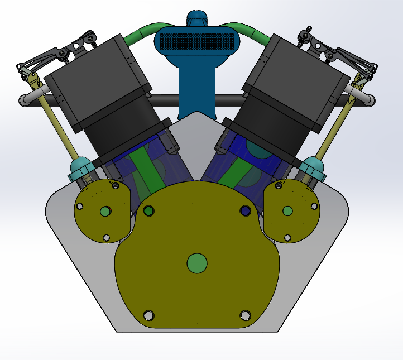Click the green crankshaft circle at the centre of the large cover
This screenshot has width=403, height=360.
click(196, 263)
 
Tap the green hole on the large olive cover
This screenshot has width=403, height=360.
click(148, 210)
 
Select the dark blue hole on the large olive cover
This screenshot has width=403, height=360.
click(245, 210)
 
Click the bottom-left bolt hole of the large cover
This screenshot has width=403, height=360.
click(148, 315)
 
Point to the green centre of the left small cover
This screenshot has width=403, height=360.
click(105, 211)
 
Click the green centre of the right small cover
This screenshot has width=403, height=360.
click(287, 210)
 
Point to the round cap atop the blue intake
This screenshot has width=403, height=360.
click(196, 18)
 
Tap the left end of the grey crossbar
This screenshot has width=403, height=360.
click(26, 100)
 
